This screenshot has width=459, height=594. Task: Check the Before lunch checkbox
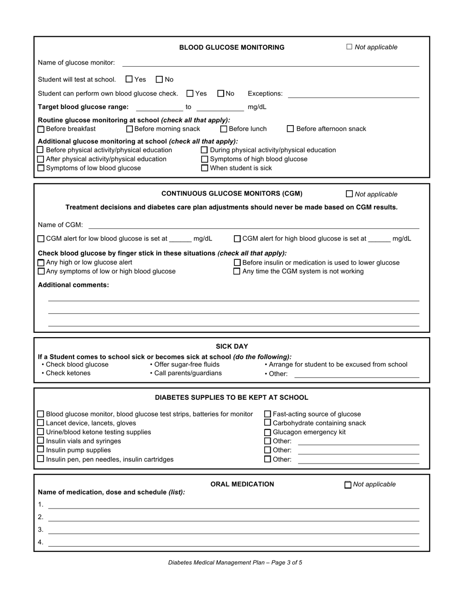click(224, 129)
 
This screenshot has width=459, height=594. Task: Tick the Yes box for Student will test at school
click(129, 79)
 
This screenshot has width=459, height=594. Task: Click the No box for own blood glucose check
click(221, 93)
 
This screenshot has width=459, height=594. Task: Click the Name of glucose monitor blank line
click(271, 63)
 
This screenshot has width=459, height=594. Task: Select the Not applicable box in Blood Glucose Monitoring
click(349, 47)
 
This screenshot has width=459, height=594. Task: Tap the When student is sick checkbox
click(204, 168)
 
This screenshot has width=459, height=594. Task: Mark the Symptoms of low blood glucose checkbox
click(41, 168)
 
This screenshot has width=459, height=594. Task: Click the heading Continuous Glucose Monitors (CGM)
click(232, 194)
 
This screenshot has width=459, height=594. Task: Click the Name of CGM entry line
click(254, 226)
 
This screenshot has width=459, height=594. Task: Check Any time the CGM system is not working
click(237, 271)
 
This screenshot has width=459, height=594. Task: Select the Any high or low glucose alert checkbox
click(41, 262)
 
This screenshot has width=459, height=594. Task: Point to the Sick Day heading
click(232, 346)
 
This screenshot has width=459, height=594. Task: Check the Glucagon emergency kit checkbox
click(268, 432)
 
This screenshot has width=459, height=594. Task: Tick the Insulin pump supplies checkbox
click(41, 450)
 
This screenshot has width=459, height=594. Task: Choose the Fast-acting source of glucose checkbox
click(268, 414)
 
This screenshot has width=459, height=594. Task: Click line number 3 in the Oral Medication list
click(234, 530)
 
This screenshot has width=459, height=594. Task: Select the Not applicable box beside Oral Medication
click(348, 484)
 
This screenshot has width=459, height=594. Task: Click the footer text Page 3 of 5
click(235, 563)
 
